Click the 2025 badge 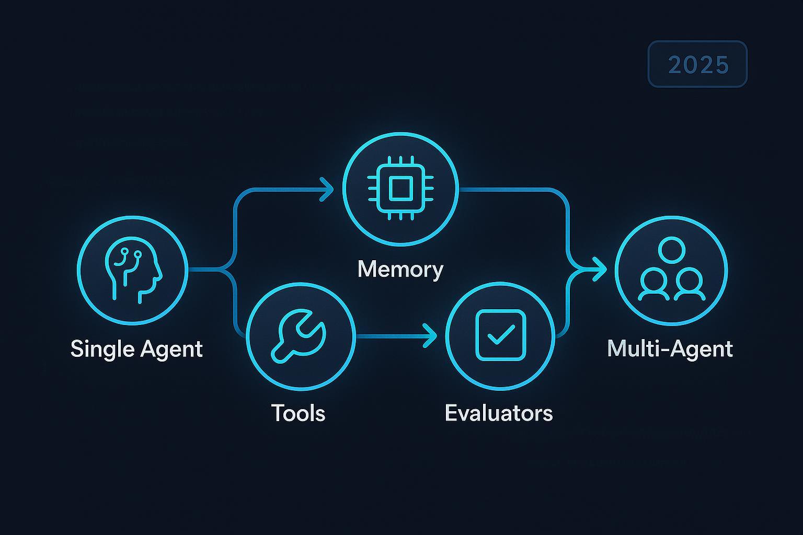pyautogui.click(x=697, y=64)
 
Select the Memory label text pyautogui.click(x=400, y=270)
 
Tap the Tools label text pyautogui.click(x=298, y=413)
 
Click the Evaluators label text pyautogui.click(x=498, y=413)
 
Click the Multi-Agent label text pyautogui.click(x=670, y=348)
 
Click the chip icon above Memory pyautogui.click(x=400, y=188)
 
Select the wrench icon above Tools pyautogui.click(x=300, y=336)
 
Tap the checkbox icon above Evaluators pyautogui.click(x=500, y=335)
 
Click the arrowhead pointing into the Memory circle pyautogui.click(x=328, y=189)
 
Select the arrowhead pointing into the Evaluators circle pyautogui.click(x=430, y=335)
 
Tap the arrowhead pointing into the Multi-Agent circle pyautogui.click(x=599, y=270)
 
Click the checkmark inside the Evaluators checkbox pyautogui.click(x=500, y=334)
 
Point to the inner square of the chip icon pyautogui.click(x=400, y=188)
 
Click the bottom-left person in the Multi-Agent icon pyautogui.click(x=654, y=284)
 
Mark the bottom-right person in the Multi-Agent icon pyautogui.click(x=689, y=284)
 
